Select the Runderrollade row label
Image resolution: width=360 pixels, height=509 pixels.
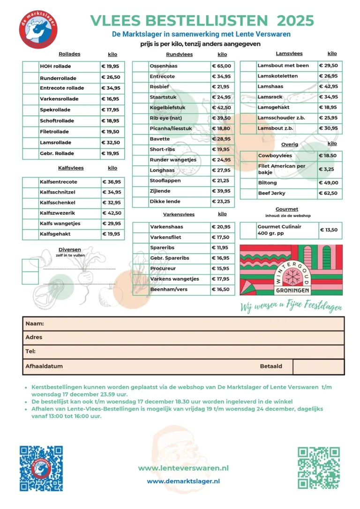(58, 78)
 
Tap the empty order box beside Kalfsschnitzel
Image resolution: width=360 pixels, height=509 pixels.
(30, 192)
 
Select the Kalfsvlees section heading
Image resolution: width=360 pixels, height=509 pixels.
(70, 168)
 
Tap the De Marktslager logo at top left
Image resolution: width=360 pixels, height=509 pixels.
(39, 29)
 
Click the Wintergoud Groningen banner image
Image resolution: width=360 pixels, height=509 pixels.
(291, 270)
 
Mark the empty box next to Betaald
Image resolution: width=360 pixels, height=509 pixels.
(318, 367)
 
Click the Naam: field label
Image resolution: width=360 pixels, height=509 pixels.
(35, 324)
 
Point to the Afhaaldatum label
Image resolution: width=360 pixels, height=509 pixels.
(44, 367)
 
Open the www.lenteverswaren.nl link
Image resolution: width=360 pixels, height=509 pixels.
(183, 468)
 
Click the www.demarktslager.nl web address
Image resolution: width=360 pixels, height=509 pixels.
(183, 481)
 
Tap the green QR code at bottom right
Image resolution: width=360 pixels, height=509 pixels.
(319, 468)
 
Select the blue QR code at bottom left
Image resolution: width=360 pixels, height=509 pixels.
(41, 468)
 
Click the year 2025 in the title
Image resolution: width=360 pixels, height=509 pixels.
(295, 20)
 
